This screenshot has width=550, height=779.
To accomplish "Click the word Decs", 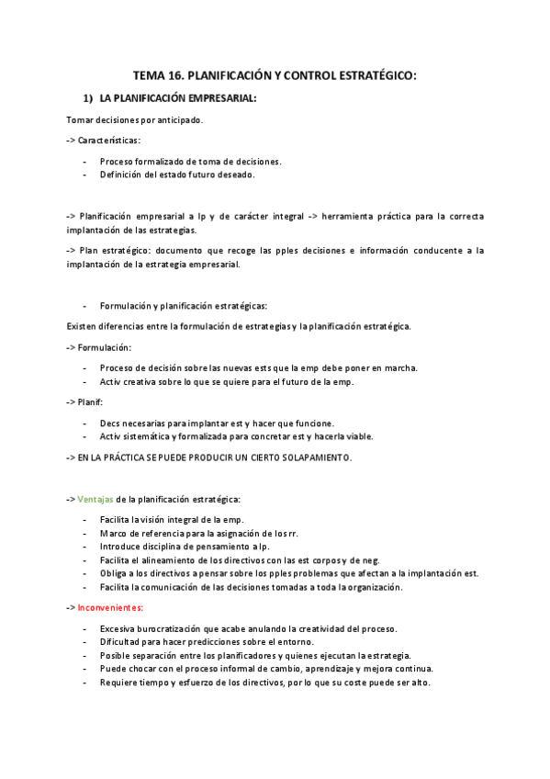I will click(111, 423).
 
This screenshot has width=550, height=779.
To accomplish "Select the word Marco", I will click(114, 533).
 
